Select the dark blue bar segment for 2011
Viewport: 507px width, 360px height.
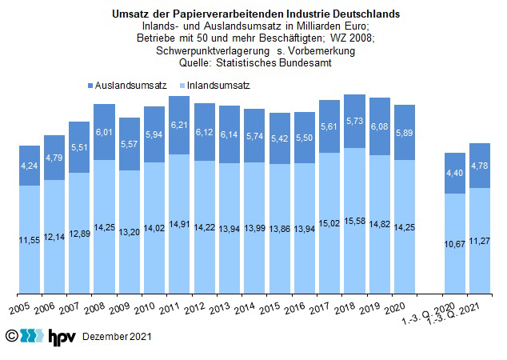(179, 125)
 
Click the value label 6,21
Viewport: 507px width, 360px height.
(179, 126)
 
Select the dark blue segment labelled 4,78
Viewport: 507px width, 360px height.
(480, 166)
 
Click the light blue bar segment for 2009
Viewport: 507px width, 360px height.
(129, 231)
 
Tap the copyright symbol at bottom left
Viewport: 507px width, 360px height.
(11, 335)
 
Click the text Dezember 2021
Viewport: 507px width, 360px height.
(117, 338)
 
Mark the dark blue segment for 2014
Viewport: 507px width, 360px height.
(254, 136)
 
